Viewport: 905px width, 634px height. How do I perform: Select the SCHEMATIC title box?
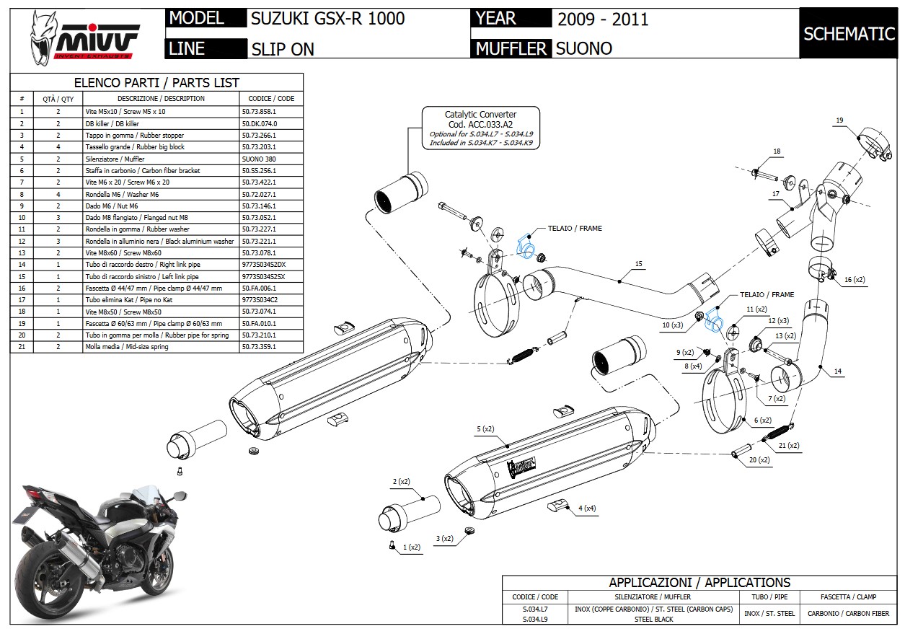pos(849,34)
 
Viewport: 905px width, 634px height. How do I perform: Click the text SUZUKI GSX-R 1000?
pos(328,19)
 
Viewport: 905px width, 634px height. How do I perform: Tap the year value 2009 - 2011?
pos(603,19)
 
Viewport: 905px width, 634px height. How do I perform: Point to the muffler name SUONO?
pos(584,48)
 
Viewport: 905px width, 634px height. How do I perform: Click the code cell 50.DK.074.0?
pos(259,123)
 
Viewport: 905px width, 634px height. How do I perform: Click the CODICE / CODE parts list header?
pos(270,98)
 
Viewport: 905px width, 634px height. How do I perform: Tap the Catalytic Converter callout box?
pos(480,128)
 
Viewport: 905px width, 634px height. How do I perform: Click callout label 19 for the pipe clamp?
pos(839,120)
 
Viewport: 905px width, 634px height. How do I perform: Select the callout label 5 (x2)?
pos(485,429)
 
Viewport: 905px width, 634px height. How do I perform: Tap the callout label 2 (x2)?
pos(401,481)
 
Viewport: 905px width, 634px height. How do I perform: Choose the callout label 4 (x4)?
pos(586,508)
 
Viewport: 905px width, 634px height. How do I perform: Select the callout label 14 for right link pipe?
pos(837,371)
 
